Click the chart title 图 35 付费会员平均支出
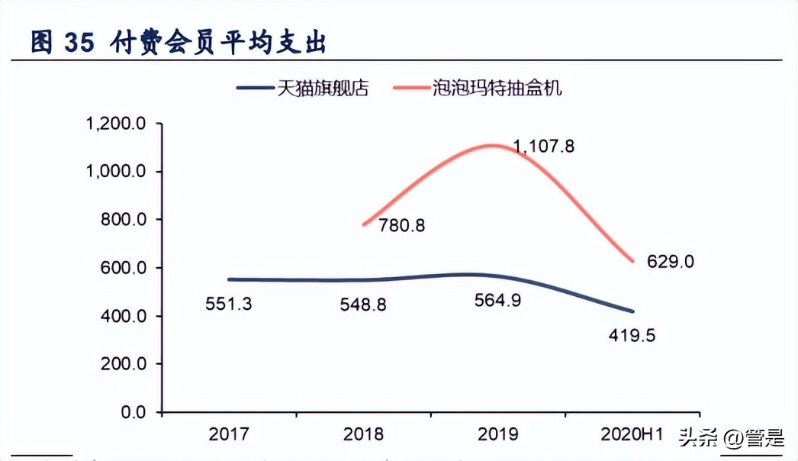coord(179,43)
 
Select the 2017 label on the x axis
coord(229,434)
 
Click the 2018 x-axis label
coord(363,434)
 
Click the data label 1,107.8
coord(543,147)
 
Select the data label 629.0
coord(671,262)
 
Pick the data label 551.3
coord(229,303)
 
